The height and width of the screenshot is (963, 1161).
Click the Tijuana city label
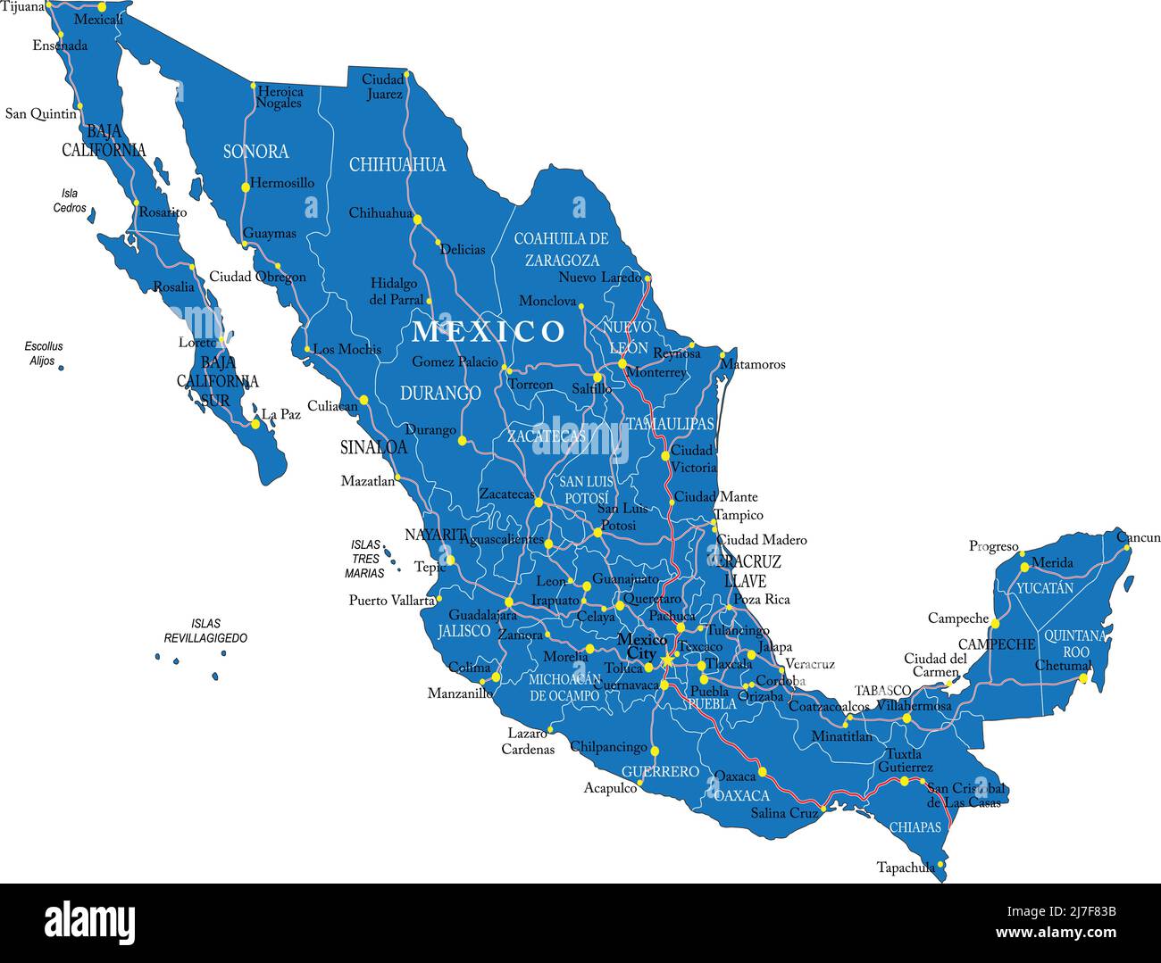[22, 6]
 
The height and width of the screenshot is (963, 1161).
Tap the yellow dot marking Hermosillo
[245, 187]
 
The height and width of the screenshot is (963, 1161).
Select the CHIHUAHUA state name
[397, 164]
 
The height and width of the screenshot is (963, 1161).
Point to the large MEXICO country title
[489, 331]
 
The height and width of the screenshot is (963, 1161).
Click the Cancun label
[1139, 537]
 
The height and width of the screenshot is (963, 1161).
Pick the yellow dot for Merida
[1024, 567]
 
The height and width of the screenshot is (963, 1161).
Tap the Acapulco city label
[610, 788]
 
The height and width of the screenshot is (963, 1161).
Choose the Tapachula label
[906, 868]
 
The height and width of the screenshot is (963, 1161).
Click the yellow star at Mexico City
[667, 660]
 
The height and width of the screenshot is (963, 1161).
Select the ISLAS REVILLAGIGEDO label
[205, 631]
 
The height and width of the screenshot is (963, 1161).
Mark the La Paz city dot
[255, 424]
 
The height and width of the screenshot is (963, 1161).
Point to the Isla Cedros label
[70, 201]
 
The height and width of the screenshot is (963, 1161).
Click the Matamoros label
[752, 364]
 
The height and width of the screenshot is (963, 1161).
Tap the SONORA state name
[255, 152]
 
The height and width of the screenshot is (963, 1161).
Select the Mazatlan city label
[367, 481]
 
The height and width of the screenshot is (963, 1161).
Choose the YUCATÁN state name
[1045, 588]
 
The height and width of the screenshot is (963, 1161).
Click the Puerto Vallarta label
[391, 601]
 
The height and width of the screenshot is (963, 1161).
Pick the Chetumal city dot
[1083, 678]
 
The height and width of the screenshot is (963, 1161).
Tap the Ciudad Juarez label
[383, 87]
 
